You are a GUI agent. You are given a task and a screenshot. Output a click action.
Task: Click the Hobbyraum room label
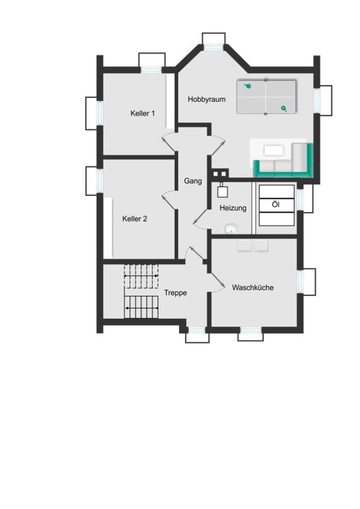(207, 100)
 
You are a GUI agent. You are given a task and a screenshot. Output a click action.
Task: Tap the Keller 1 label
(142, 113)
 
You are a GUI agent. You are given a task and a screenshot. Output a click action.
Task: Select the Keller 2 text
(135, 219)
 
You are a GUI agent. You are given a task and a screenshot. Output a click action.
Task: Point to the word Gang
(193, 181)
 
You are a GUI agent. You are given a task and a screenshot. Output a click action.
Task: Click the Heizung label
(233, 208)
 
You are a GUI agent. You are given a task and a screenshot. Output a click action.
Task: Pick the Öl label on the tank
(276, 205)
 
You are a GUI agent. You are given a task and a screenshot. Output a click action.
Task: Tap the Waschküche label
(253, 288)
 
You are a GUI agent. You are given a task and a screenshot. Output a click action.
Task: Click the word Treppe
(175, 293)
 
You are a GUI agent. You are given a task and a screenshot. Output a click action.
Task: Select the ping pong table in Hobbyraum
(266, 97)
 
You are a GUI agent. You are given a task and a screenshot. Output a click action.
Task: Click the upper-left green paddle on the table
(248, 86)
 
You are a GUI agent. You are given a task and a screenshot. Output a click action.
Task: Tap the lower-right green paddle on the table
(284, 109)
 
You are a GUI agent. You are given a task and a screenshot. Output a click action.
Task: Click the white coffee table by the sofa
(274, 150)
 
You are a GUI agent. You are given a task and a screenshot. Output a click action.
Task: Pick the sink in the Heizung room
(231, 229)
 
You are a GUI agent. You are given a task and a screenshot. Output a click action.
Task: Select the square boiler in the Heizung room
(222, 191)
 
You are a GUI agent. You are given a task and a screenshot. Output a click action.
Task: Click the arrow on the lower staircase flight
(142, 308)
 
